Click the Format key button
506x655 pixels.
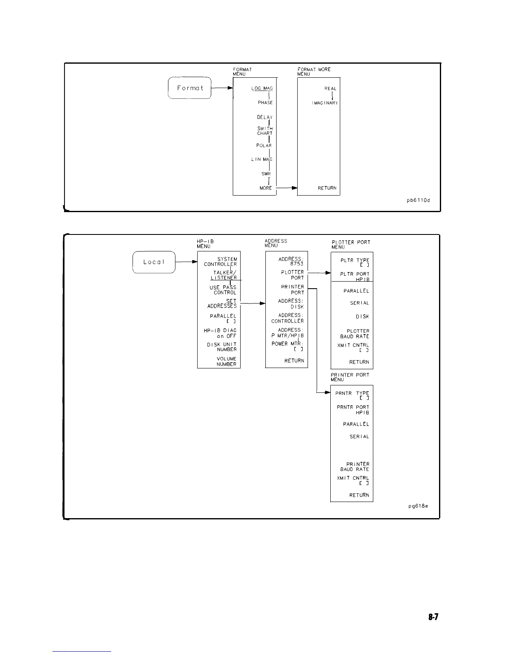(190, 88)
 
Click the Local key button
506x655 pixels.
(154, 262)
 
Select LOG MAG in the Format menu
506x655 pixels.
(262, 88)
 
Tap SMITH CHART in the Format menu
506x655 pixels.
(265, 131)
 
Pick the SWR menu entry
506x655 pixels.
(265, 174)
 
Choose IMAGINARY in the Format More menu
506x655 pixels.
(325, 103)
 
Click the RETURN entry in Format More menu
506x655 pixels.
(327, 188)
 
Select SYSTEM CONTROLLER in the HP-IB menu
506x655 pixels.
(221, 262)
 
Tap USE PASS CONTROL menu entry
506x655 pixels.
(223, 290)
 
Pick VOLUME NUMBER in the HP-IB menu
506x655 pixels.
(226, 361)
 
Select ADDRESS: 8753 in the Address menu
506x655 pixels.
(291, 261)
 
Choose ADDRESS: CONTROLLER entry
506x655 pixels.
(288, 318)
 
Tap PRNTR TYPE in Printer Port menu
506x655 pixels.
(352, 396)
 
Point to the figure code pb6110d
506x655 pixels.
(418, 201)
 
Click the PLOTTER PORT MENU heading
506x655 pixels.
(351, 244)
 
